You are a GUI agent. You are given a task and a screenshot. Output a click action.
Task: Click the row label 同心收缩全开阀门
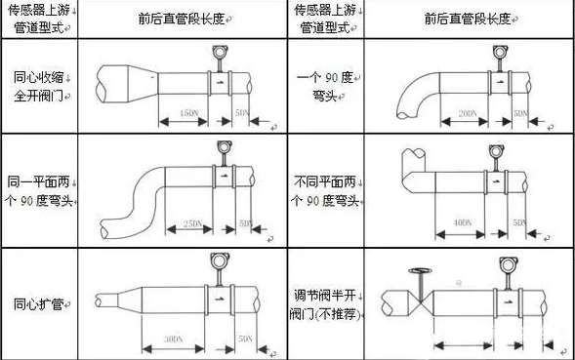[x=39, y=87]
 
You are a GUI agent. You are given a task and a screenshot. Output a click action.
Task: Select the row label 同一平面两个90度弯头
[x=39, y=191]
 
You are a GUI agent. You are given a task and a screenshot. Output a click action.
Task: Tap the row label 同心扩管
[x=39, y=304]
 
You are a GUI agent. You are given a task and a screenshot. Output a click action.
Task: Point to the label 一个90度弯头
[x=323, y=87]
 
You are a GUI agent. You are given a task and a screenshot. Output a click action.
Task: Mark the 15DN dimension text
[x=188, y=115]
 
